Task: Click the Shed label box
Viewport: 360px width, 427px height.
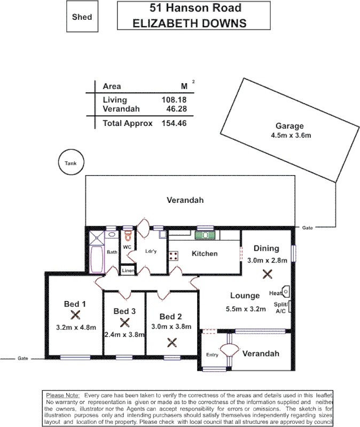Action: point(82,17)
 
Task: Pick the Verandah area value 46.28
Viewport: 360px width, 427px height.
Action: point(177,109)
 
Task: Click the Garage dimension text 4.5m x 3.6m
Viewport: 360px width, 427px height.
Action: point(291,136)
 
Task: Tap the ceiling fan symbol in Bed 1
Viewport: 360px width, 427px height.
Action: point(76,315)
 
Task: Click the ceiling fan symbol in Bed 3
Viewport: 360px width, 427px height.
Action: point(125,322)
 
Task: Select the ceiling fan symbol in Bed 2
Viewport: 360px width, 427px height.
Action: point(172,342)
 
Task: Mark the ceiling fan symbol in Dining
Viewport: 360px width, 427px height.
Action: point(268,274)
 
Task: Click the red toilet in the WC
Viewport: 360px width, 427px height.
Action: point(127,235)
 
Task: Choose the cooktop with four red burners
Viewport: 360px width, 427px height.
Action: point(174,255)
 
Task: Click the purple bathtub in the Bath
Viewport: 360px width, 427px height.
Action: point(97,258)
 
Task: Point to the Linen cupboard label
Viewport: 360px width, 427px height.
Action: point(128,271)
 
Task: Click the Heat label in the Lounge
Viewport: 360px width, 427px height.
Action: point(276,293)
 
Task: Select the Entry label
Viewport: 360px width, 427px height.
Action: point(212,355)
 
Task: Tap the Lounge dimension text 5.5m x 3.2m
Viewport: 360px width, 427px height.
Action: point(246,309)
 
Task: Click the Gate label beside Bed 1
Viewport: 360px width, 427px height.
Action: point(23,358)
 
